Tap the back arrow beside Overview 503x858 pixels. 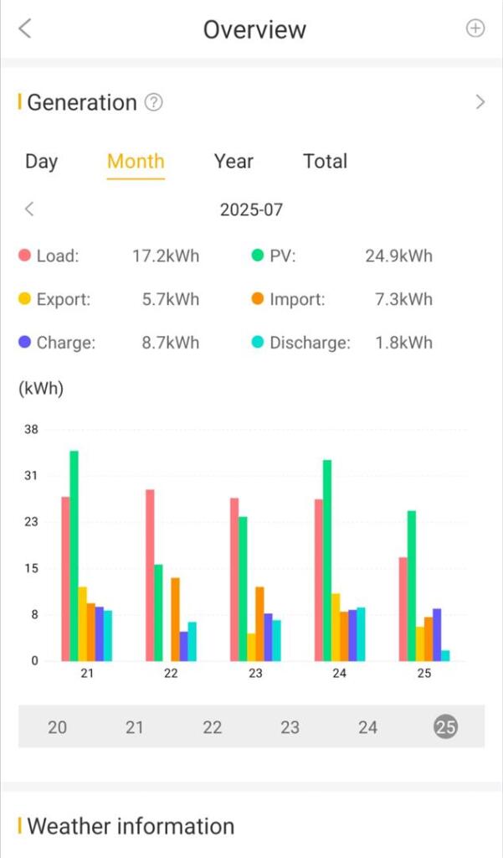[x=24, y=28]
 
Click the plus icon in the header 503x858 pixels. [x=475, y=28]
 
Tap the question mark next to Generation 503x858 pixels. [x=153, y=102]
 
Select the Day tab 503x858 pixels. [x=41, y=161]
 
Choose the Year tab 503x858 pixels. [x=234, y=161]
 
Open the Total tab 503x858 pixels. [x=325, y=161]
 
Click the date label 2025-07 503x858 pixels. [x=251, y=209]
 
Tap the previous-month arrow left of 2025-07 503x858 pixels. [x=29, y=209]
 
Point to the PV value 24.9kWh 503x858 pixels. [x=398, y=256]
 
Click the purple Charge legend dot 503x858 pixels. [x=25, y=343]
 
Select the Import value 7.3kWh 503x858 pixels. [x=403, y=299]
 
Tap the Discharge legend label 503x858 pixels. [x=310, y=343]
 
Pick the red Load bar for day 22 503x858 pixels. [x=150, y=575]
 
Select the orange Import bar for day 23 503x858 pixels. [x=259, y=623]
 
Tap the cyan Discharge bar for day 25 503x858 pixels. [x=445, y=655]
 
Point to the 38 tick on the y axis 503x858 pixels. [x=31, y=429]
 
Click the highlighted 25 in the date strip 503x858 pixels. [x=445, y=726]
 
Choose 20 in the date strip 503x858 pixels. [x=57, y=726]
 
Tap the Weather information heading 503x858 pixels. [x=131, y=826]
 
